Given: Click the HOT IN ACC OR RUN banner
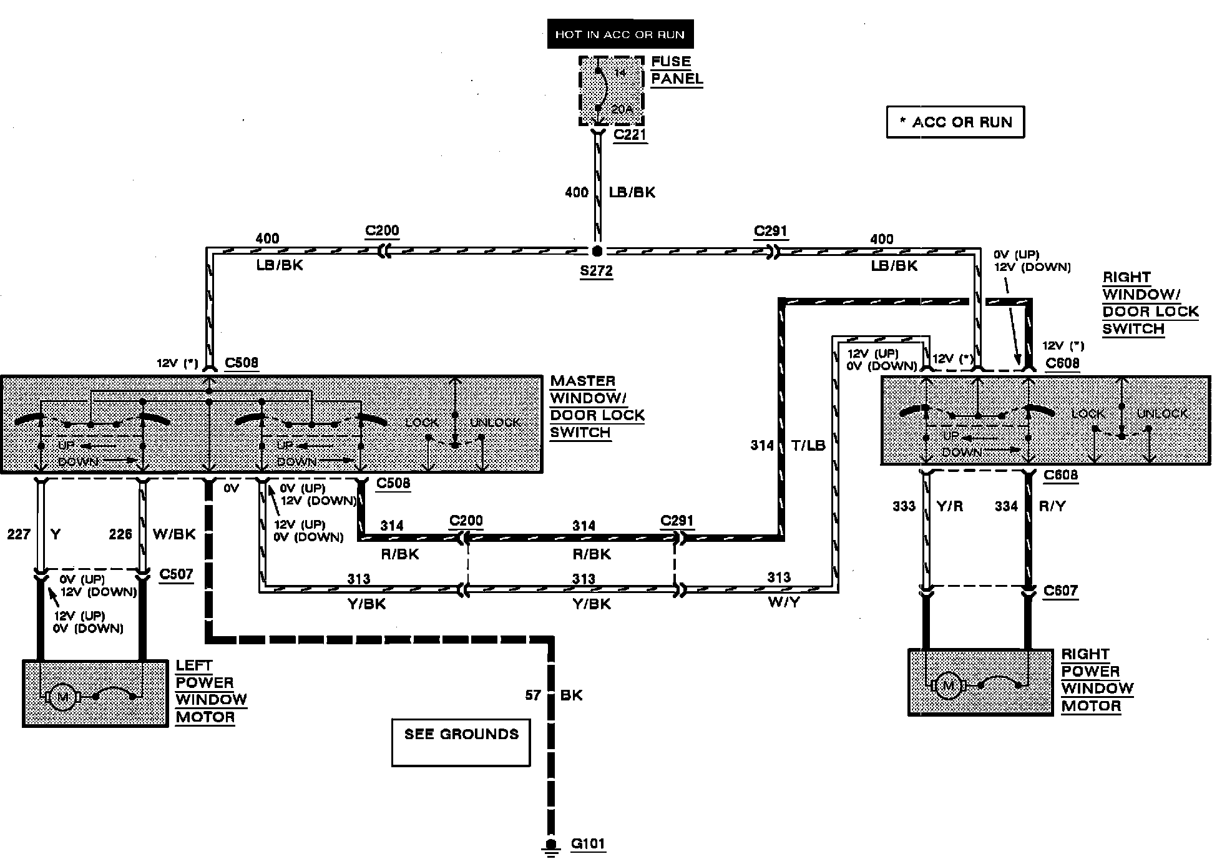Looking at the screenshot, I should [620, 35].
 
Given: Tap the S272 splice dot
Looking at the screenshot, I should [597, 251].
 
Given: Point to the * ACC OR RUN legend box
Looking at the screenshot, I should [955, 122].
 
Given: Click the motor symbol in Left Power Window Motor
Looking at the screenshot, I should [62, 695].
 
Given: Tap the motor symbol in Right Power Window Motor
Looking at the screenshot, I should [948, 685].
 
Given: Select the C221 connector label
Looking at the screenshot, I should [630, 135].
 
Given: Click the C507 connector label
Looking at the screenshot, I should [176, 574].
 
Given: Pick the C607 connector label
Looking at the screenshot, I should [1060, 591].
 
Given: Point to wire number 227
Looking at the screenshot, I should [19, 534].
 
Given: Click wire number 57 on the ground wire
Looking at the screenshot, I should [533, 695].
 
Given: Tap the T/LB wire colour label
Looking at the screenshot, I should [808, 445].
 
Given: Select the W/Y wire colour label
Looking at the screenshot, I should [785, 604].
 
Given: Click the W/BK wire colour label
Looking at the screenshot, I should [174, 534].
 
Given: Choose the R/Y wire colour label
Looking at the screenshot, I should [1053, 506].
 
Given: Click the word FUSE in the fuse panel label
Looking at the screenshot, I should [671, 62].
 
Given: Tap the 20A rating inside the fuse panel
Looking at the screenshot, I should [622, 109].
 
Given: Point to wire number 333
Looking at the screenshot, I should [904, 506].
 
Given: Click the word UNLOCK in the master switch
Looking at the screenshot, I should [495, 423].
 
